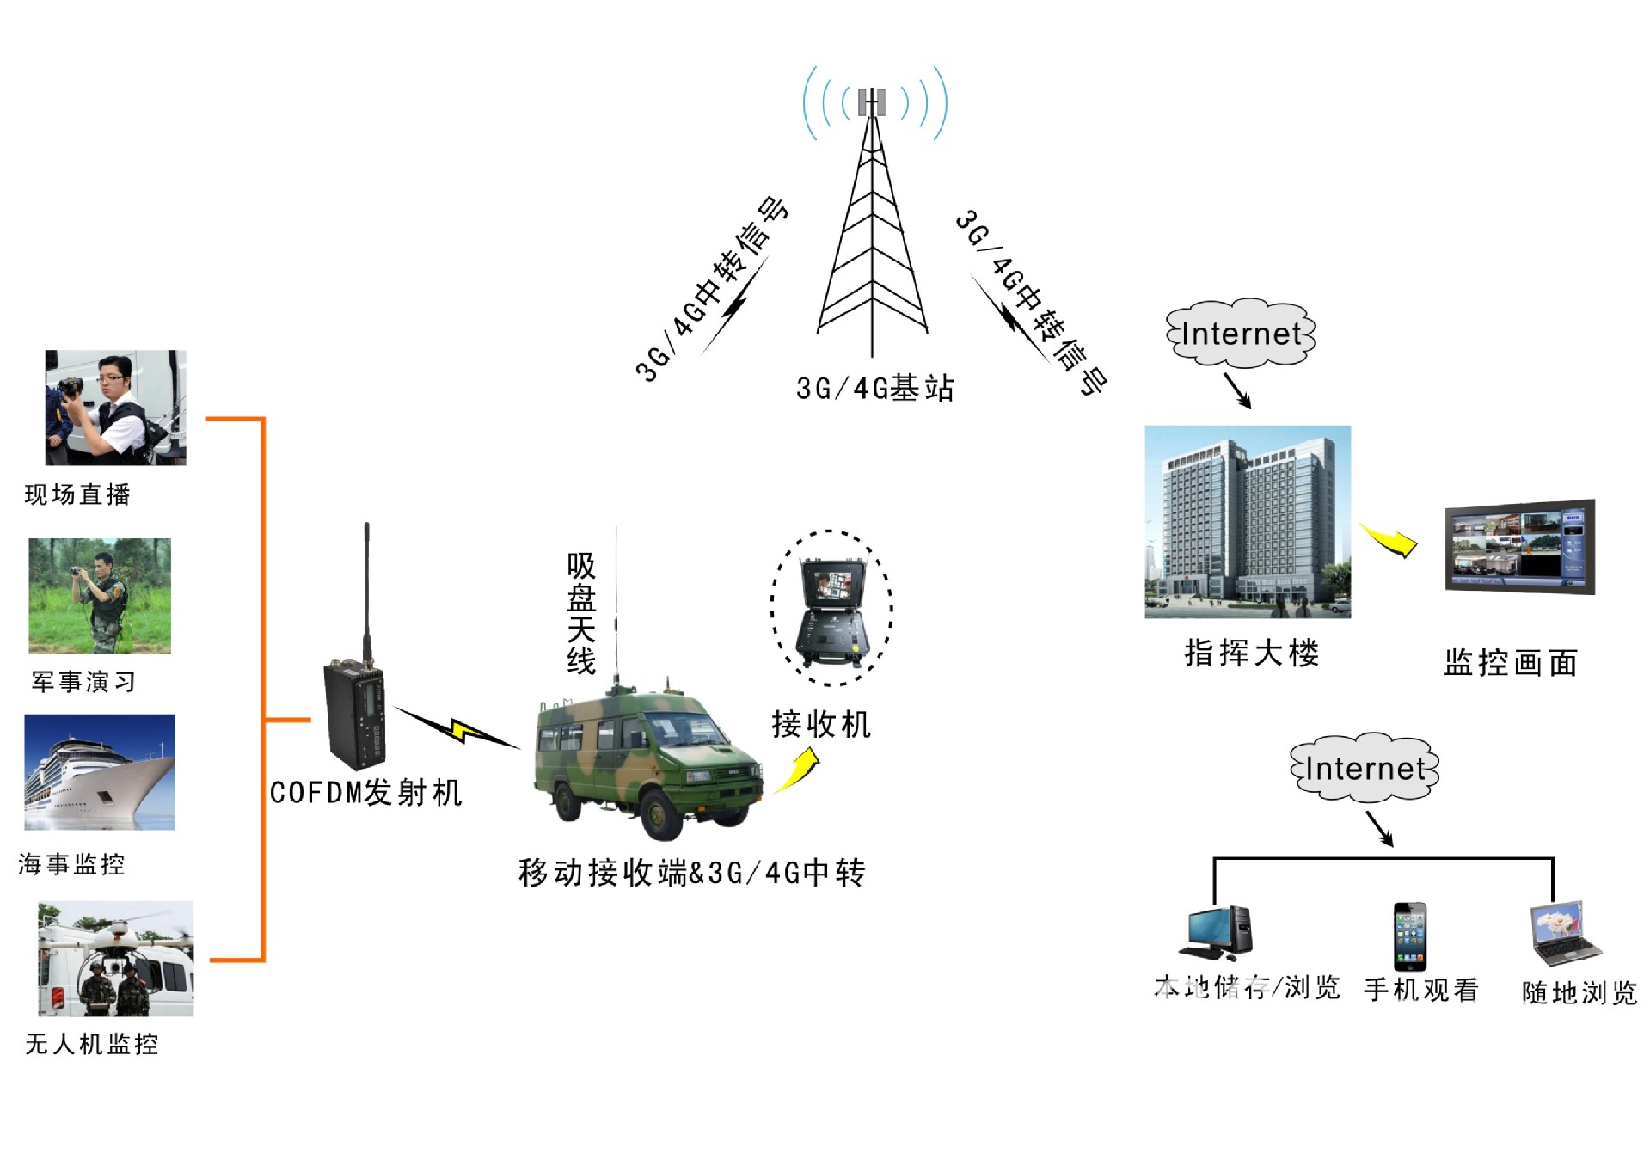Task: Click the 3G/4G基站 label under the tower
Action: tap(874, 388)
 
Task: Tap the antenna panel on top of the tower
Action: tap(872, 101)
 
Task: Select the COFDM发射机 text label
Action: tap(365, 792)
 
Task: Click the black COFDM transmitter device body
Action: tap(353, 714)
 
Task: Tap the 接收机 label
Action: tap(820, 724)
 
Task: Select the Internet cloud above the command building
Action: tap(1240, 334)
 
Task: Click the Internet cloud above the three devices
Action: tap(1364, 768)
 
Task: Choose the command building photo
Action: tap(1247, 521)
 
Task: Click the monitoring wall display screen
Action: tap(1519, 547)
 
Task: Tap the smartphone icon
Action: tap(1409, 936)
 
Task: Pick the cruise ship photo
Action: tap(100, 771)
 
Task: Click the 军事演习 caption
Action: tap(83, 682)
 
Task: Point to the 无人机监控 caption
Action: tap(92, 1044)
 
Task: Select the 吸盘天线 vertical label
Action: tap(581, 613)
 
